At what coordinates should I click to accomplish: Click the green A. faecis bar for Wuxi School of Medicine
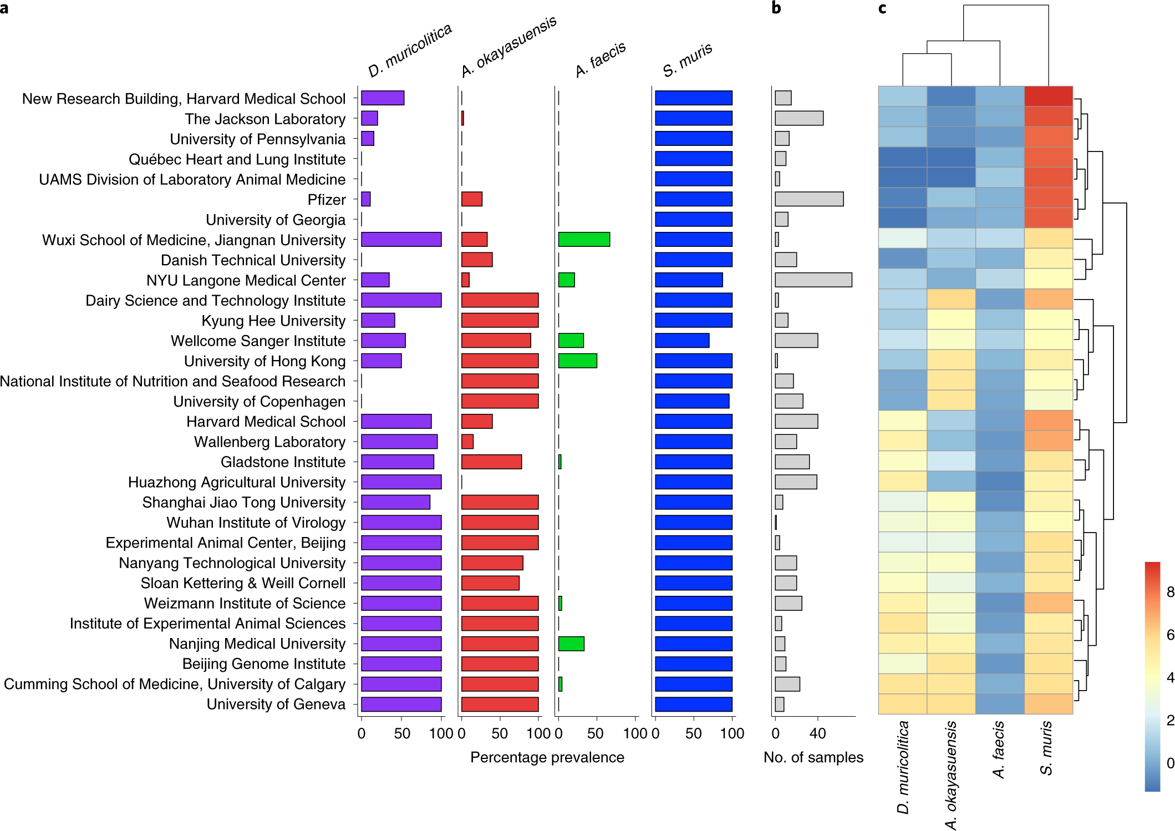click(x=584, y=240)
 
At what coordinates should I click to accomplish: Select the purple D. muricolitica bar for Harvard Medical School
click(x=396, y=422)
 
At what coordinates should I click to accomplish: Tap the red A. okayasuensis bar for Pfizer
click(x=471, y=199)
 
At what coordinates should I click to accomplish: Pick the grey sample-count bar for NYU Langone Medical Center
click(x=813, y=280)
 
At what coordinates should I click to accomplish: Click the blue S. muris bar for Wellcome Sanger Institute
click(x=682, y=341)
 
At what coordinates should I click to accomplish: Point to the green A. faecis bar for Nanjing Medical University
click(x=571, y=643)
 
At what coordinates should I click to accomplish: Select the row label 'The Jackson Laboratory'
click(x=265, y=119)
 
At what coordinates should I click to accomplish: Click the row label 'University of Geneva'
click(x=276, y=704)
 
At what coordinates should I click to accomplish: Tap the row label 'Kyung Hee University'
click(x=273, y=321)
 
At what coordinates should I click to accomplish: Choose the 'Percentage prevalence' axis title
click(x=547, y=757)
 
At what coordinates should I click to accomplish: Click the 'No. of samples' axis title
click(x=813, y=757)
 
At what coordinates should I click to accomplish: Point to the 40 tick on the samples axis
click(x=817, y=733)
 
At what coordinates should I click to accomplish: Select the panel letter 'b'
click(x=776, y=8)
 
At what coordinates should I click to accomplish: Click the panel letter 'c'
click(x=882, y=8)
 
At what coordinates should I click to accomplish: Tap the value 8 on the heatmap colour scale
click(x=1169, y=592)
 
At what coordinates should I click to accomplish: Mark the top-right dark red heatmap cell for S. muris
click(x=1048, y=97)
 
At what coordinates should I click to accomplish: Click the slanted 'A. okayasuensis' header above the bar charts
click(x=508, y=47)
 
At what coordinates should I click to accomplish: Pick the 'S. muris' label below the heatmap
click(x=1046, y=747)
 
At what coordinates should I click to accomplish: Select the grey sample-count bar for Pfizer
click(x=809, y=199)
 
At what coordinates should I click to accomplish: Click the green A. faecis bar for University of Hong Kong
click(x=577, y=361)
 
